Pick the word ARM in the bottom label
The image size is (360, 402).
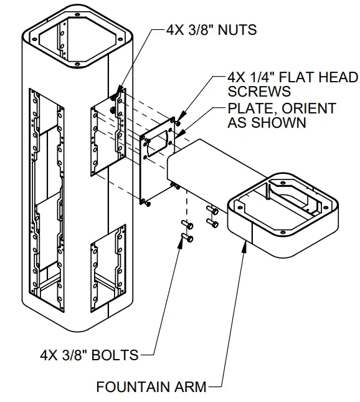(191, 387)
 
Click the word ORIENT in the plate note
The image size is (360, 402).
(309, 108)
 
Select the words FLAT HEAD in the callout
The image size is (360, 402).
(316, 78)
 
